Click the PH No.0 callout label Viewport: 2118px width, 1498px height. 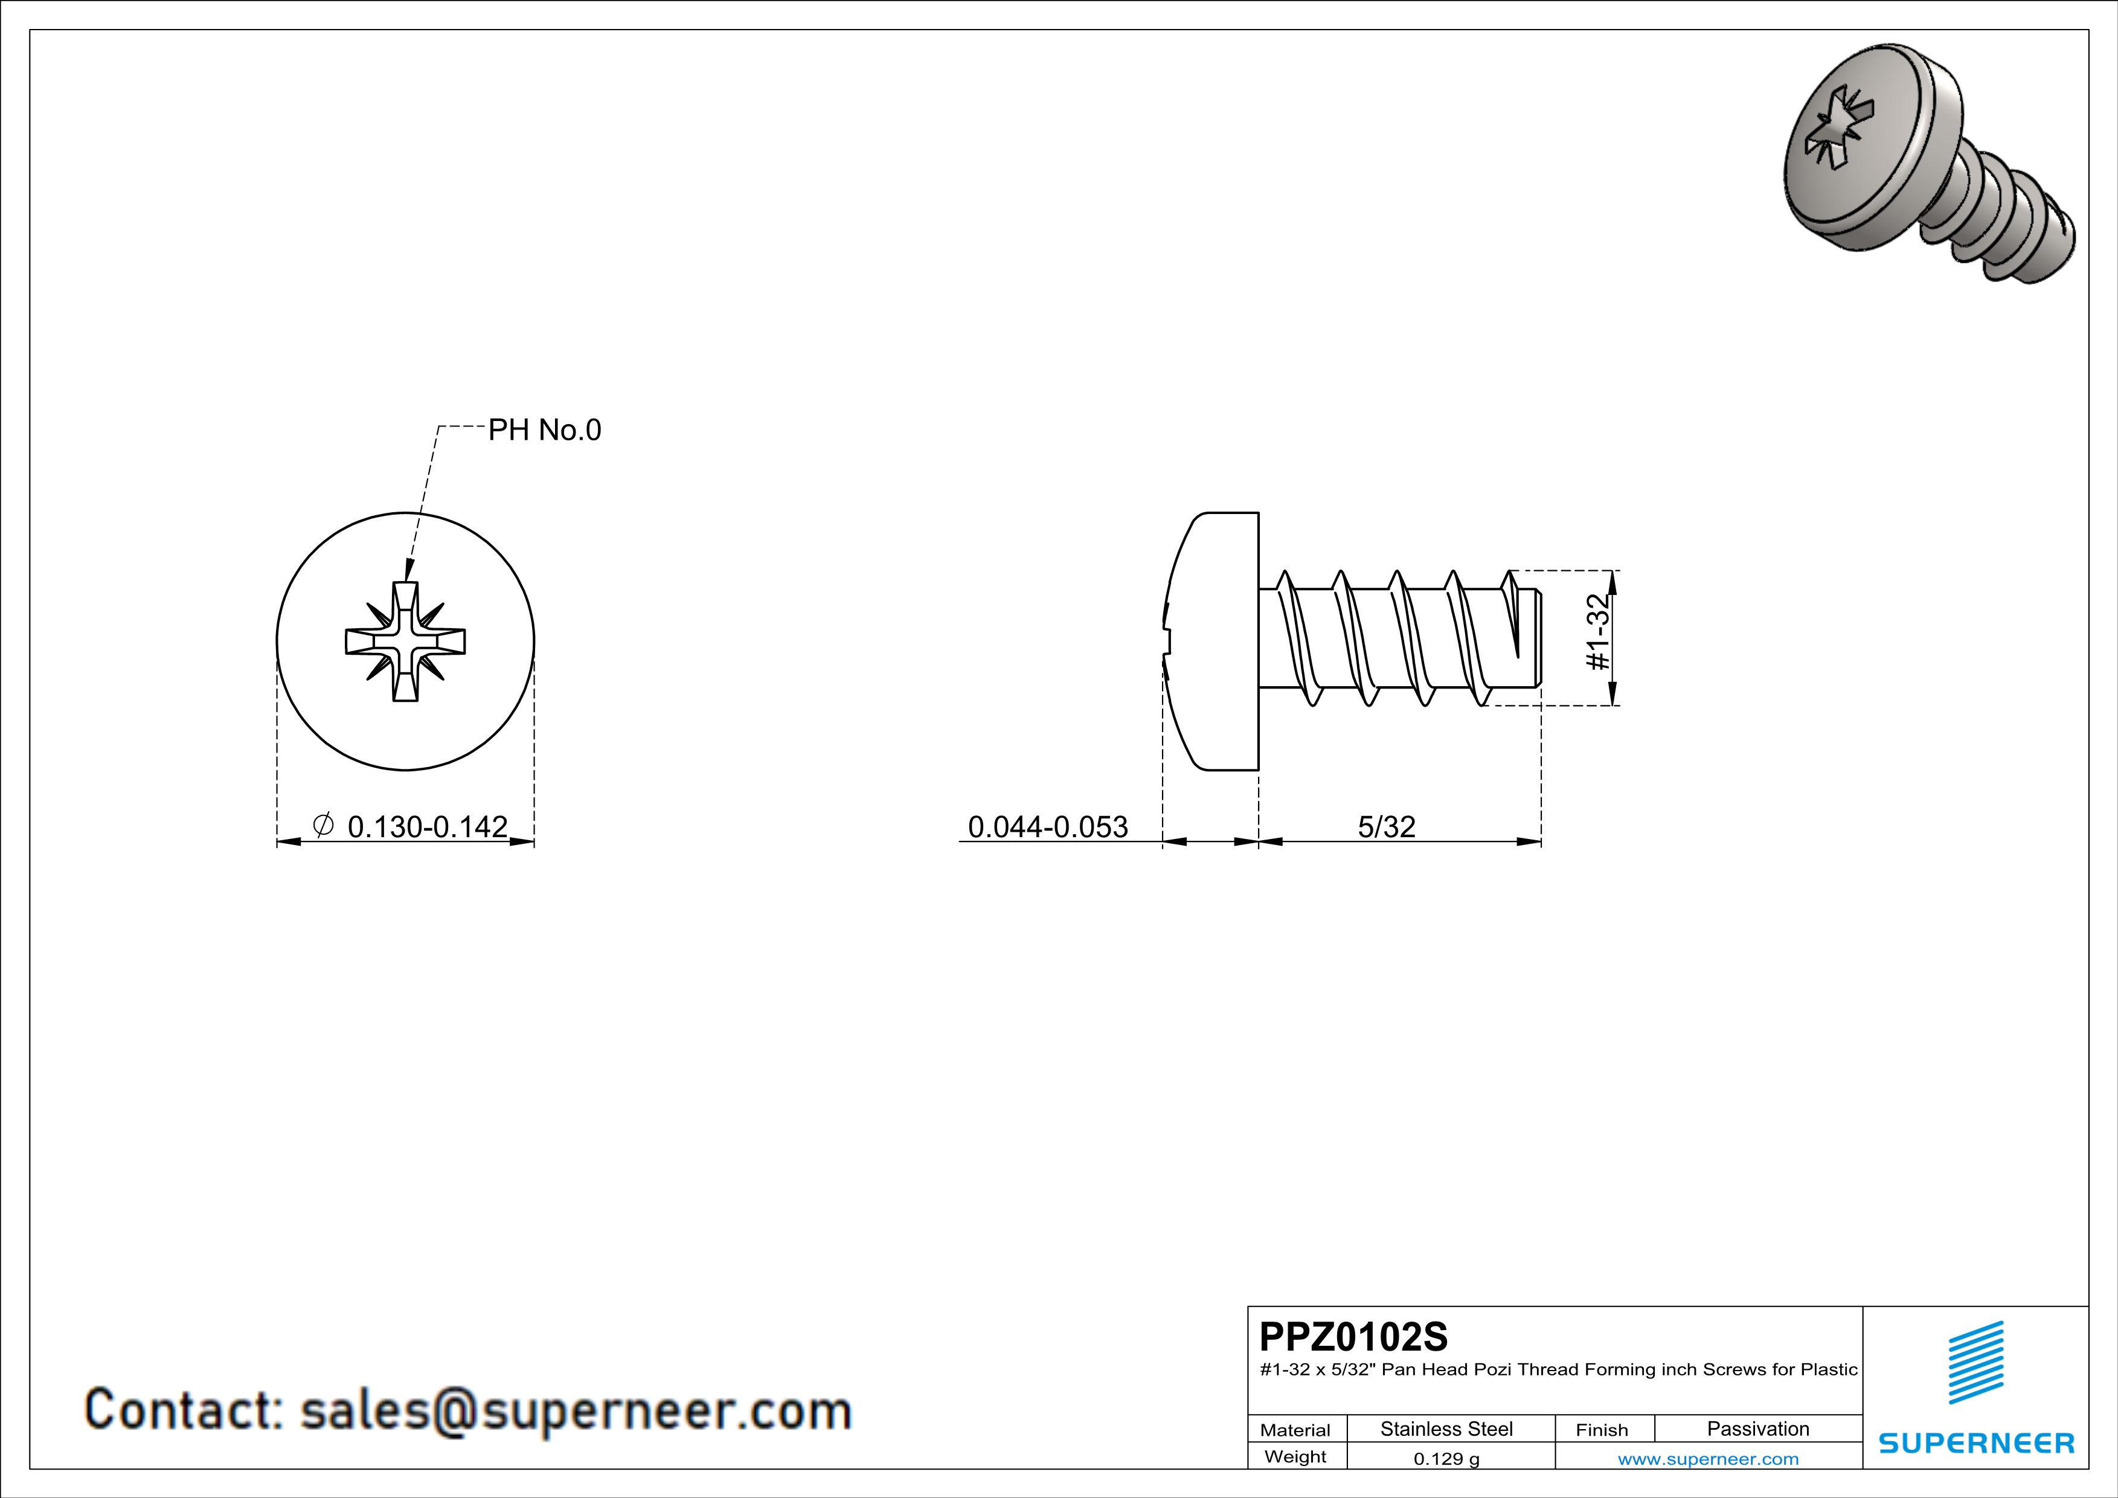[x=544, y=430]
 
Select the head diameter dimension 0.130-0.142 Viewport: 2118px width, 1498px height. [x=427, y=826]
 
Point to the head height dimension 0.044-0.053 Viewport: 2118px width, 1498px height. [x=1047, y=826]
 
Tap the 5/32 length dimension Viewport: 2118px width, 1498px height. [x=1385, y=826]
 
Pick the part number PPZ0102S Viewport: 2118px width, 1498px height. [x=1353, y=1337]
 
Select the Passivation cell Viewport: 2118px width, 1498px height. [x=1757, y=1429]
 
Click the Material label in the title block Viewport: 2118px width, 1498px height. [x=1295, y=1430]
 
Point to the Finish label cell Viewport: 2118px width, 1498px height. [x=1602, y=1430]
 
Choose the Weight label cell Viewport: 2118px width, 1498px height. [x=1295, y=1456]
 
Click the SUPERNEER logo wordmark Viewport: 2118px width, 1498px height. [x=1976, y=1442]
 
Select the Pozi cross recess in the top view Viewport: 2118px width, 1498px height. [x=405, y=641]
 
